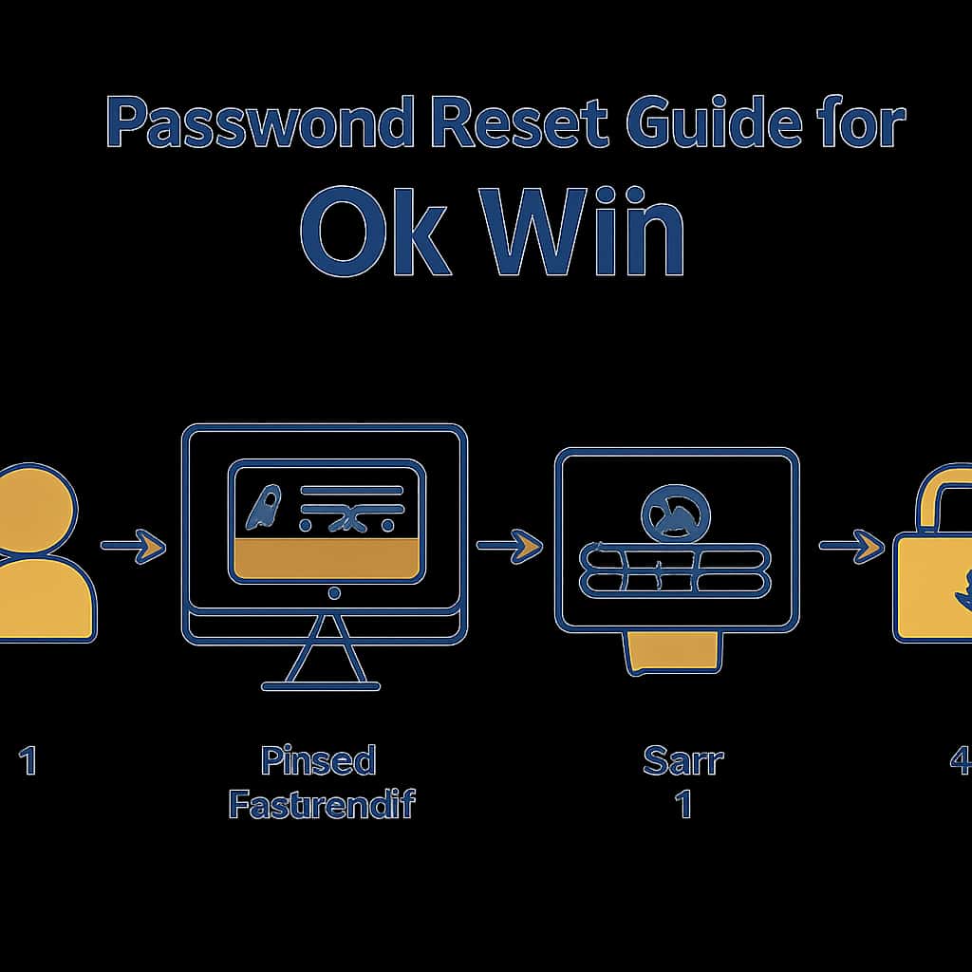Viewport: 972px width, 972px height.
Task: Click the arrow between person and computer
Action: tap(133, 546)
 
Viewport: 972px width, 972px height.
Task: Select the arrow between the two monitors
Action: tap(509, 546)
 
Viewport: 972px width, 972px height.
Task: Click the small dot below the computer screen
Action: tap(333, 594)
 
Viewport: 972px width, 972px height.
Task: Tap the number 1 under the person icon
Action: tap(28, 761)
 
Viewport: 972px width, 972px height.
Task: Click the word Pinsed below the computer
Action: tap(319, 761)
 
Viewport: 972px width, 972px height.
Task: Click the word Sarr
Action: tap(682, 761)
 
